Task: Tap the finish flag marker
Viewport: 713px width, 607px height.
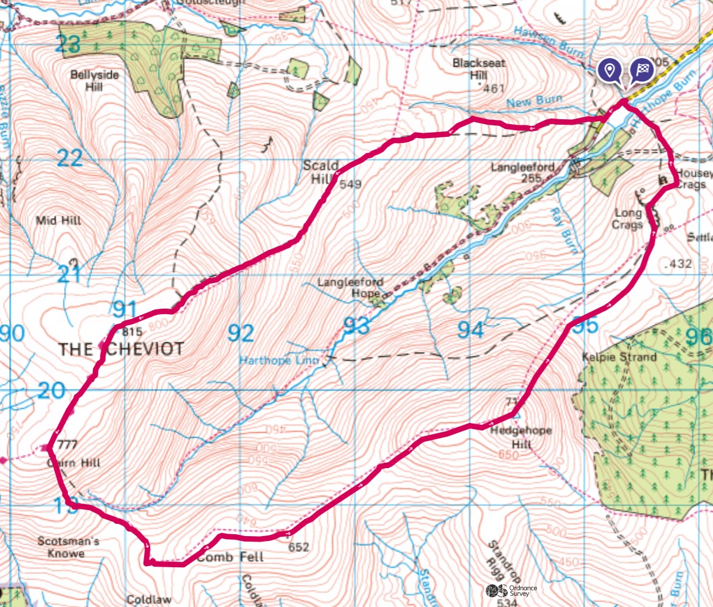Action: point(642,70)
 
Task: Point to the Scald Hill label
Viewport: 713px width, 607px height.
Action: point(316,172)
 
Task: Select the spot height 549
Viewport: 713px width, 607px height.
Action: point(351,184)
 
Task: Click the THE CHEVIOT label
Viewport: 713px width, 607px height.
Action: point(120,349)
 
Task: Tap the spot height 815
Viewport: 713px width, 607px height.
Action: point(132,333)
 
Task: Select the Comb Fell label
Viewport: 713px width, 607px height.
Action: point(230,557)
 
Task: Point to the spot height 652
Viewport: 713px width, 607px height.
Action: point(299,546)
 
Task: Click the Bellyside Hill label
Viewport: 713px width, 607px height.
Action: point(95,80)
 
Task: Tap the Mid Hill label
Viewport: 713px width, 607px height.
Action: point(59,220)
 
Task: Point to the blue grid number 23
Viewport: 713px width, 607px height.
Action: point(67,44)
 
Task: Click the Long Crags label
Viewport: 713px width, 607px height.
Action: point(627,218)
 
